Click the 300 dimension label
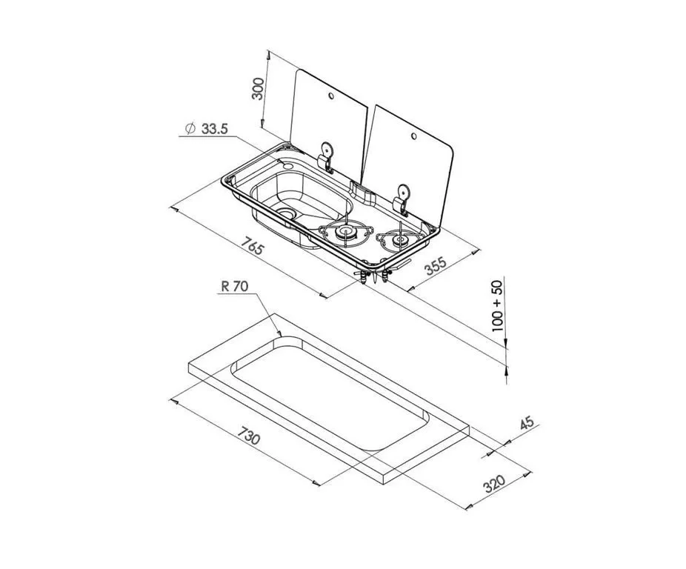click(x=259, y=88)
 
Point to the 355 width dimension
click(x=436, y=266)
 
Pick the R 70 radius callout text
click(x=235, y=286)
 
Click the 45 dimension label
click(x=527, y=422)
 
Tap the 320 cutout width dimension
click(x=494, y=483)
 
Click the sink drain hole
click(x=287, y=213)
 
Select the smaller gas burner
click(x=399, y=239)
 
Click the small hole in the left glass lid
click(x=331, y=95)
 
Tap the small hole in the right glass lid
click(x=413, y=136)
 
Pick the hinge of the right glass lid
click(x=402, y=199)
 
